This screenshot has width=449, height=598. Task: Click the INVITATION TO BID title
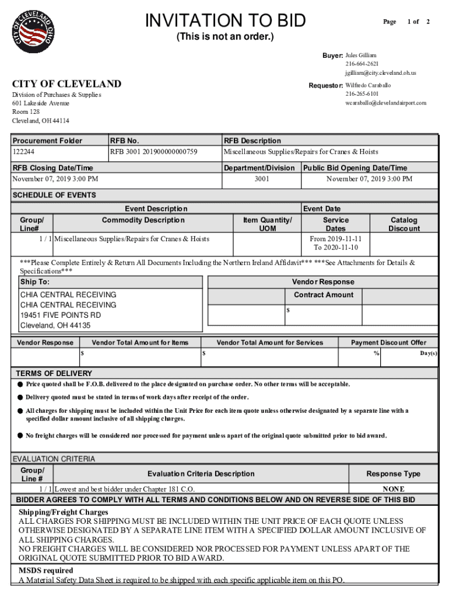coord(225,21)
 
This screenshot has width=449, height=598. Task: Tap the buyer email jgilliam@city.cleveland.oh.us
coord(380,73)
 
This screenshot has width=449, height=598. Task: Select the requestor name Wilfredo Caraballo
coord(368,85)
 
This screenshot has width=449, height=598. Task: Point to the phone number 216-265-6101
coord(362,94)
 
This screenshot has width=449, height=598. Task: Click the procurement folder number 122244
coord(24,152)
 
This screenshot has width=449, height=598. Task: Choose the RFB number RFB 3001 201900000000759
coord(154,152)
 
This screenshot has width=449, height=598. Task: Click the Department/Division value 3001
coord(262,179)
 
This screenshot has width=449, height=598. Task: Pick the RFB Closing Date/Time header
coord(52,168)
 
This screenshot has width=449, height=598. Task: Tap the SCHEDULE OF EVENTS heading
coord(54,195)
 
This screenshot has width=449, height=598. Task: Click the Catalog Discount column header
coord(404,224)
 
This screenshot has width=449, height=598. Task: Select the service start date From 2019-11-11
coord(335,239)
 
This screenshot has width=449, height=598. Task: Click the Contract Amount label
coord(323,295)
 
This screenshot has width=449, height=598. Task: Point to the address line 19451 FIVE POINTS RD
coord(60,315)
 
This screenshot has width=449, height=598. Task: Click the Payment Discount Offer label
coord(388,343)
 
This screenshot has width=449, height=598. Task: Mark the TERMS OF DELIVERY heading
coord(54,373)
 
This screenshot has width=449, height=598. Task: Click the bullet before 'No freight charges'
coord(20,436)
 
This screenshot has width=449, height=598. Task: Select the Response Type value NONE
coord(393,489)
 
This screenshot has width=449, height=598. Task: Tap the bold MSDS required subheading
coord(46,571)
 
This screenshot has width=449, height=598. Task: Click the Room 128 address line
coord(26,112)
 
